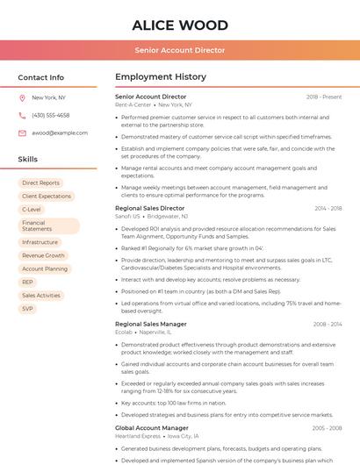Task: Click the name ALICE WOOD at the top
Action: (179, 25)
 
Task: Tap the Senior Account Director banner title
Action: (179, 50)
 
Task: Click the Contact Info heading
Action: (40, 77)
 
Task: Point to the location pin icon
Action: (22, 98)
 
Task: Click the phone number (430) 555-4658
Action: (50, 115)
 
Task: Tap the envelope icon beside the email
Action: (22, 132)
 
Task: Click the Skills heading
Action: (28, 159)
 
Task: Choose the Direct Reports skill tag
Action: (40, 182)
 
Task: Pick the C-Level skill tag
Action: (31, 210)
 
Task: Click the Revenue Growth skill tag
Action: (43, 255)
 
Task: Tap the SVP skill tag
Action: (27, 309)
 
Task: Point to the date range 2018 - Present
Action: (324, 97)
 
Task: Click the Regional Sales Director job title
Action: (150, 208)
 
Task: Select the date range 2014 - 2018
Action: (328, 208)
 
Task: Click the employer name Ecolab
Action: (123, 332)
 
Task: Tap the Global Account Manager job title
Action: (151, 427)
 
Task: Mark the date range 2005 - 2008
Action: (328, 427)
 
